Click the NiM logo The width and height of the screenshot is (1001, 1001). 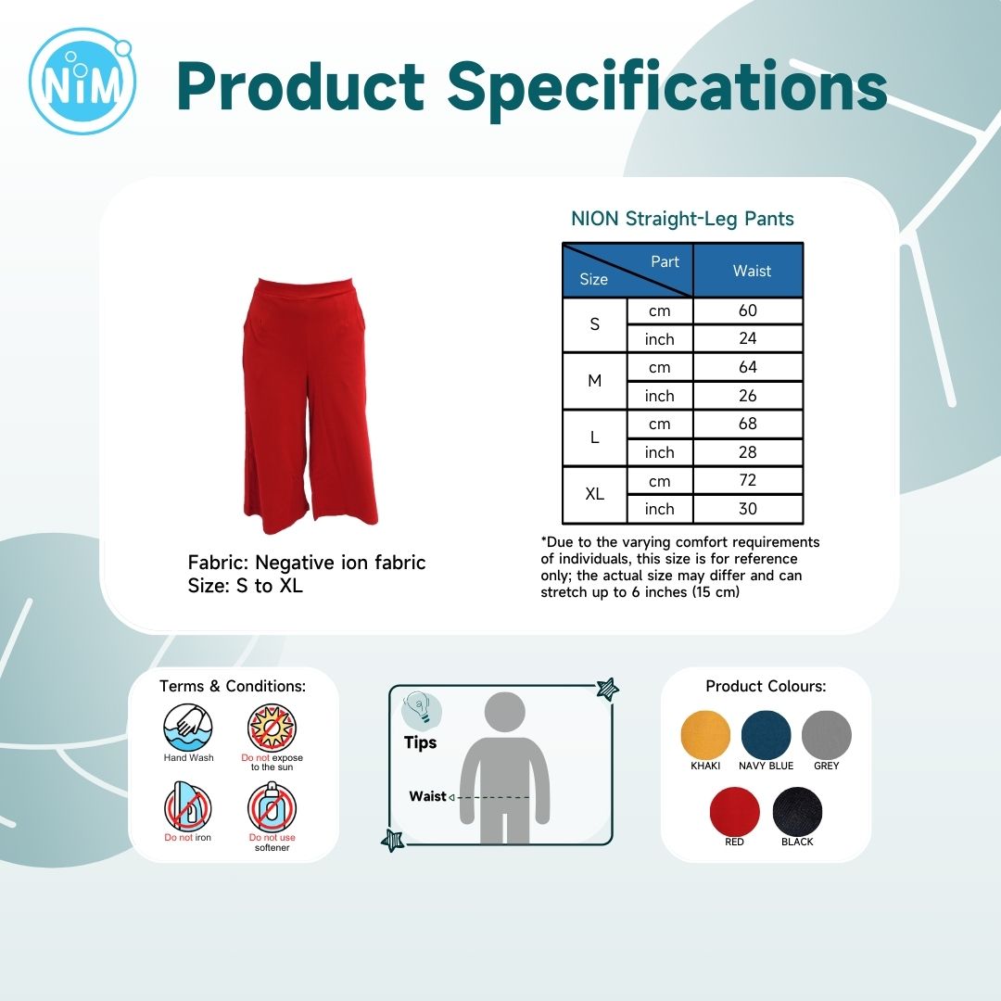click(x=82, y=81)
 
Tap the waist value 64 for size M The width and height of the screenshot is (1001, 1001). click(x=748, y=367)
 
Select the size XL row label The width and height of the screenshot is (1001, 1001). click(x=594, y=494)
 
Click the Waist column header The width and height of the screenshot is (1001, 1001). click(x=752, y=271)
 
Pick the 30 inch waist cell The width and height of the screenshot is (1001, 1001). click(x=748, y=509)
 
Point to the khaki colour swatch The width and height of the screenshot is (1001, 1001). click(x=705, y=735)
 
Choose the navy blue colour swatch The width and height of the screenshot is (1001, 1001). click(x=767, y=735)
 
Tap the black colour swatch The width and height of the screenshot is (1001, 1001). click(x=797, y=811)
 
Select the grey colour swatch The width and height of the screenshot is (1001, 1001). click(x=826, y=735)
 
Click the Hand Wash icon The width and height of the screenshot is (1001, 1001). click(x=187, y=728)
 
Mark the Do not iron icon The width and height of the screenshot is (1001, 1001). click(x=187, y=806)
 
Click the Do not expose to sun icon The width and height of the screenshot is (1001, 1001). click(x=272, y=728)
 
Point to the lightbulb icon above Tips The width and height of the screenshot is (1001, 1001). click(x=422, y=709)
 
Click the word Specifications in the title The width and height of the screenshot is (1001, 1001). click(x=667, y=87)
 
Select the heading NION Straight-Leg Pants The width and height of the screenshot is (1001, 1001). click(x=682, y=219)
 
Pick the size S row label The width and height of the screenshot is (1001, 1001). click(x=594, y=324)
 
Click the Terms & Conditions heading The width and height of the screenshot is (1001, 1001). click(x=233, y=686)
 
